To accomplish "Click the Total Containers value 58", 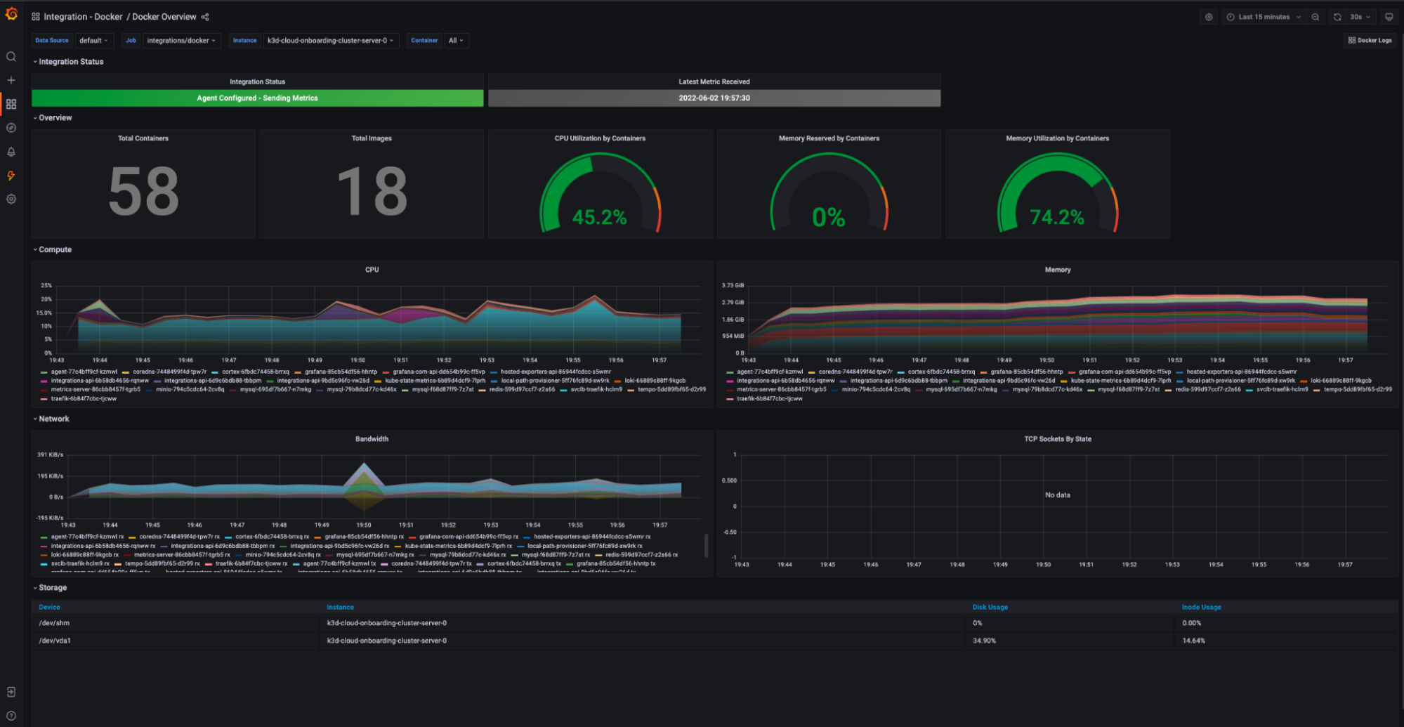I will pyautogui.click(x=143, y=192).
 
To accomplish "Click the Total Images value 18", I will pyautogui.click(x=372, y=192).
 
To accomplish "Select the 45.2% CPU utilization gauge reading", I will pyautogui.click(x=599, y=217).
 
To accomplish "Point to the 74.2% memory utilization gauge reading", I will pyautogui.click(x=1056, y=217).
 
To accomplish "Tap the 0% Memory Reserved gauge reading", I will pyautogui.click(x=828, y=217).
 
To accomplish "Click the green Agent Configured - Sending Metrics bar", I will pyautogui.click(x=257, y=98).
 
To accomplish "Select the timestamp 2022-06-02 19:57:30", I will pyautogui.click(x=714, y=98).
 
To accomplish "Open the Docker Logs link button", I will pyautogui.click(x=1370, y=41).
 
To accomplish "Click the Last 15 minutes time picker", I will pyautogui.click(x=1264, y=17).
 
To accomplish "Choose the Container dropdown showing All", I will pyautogui.click(x=456, y=41).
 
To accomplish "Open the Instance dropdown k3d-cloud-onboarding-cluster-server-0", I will pyautogui.click(x=330, y=41).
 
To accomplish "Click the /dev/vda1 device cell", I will pyautogui.click(x=55, y=641).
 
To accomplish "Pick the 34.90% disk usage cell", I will pyautogui.click(x=984, y=641).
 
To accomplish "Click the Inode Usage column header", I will pyautogui.click(x=1201, y=607).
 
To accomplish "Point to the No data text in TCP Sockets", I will pyautogui.click(x=1057, y=495).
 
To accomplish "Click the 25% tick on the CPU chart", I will pyautogui.click(x=46, y=286).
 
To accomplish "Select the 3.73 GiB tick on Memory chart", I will pyautogui.click(x=733, y=286).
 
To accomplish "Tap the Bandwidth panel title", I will pyautogui.click(x=372, y=439).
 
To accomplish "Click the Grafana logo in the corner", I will pyautogui.click(x=11, y=14).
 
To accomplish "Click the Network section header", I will pyautogui.click(x=53, y=419).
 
